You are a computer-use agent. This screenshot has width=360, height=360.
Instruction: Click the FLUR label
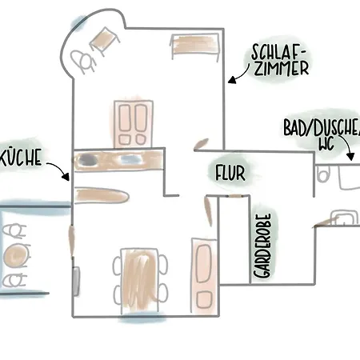[230, 173]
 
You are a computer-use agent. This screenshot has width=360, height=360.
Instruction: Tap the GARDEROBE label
[262, 246]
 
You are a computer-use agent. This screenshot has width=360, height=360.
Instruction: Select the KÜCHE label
[21, 157]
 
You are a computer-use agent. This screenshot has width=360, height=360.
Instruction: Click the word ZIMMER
[281, 68]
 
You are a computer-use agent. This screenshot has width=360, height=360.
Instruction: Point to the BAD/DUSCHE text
[322, 127]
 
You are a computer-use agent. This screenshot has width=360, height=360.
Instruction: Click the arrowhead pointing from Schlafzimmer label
[232, 80]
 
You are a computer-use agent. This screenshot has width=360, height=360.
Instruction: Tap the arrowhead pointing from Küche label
[66, 176]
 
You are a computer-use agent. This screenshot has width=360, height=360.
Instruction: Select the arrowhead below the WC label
[351, 157]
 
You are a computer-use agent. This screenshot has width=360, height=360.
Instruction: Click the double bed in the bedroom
[134, 124]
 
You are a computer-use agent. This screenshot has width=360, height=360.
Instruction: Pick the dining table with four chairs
[140, 280]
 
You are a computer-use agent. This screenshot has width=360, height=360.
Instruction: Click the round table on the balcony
[15, 255]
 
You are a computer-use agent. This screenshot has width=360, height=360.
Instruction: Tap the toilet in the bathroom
[323, 174]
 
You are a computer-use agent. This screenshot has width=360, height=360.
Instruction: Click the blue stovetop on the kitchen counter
[130, 159]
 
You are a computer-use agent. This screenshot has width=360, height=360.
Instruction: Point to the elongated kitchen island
[102, 195]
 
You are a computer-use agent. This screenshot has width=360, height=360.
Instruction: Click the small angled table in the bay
[104, 41]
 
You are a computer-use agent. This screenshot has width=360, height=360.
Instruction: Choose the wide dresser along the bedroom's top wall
[195, 45]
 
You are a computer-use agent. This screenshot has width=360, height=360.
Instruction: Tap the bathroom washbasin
[344, 217]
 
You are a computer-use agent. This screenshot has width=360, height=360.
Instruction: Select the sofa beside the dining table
[204, 276]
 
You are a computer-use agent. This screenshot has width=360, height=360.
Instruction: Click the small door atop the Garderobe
[235, 196]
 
